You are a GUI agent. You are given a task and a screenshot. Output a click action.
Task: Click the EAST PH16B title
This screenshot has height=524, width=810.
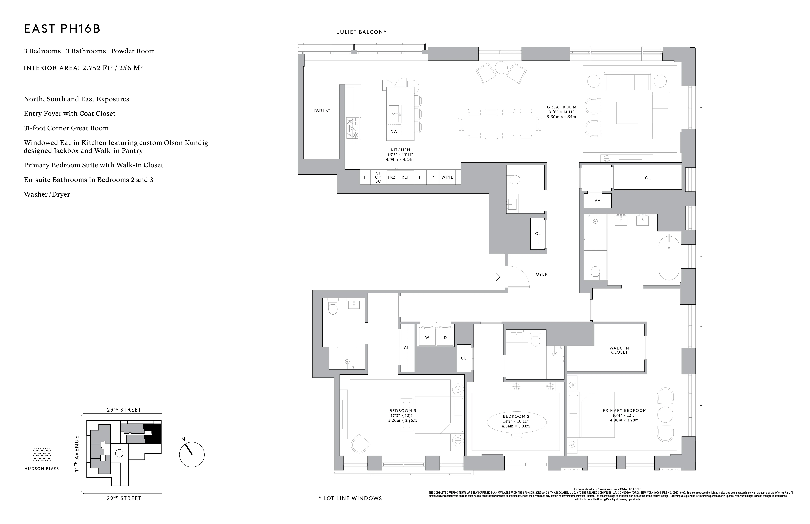click(x=62, y=29)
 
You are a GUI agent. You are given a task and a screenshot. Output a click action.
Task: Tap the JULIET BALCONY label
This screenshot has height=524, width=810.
click(x=362, y=32)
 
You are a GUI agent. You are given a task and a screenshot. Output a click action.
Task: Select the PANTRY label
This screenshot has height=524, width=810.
click(x=322, y=110)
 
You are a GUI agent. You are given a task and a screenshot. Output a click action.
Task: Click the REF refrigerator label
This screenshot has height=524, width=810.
click(x=405, y=177)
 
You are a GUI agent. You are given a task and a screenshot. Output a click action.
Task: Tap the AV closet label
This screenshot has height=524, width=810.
click(x=597, y=201)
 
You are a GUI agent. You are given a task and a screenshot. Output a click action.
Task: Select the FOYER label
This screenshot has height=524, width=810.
click(x=540, y=274)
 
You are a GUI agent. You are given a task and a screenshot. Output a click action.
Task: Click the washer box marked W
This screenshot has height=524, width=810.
click(x=427, y=338)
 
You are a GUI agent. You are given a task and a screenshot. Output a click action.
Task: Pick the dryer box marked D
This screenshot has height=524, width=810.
click(x=445, y=338)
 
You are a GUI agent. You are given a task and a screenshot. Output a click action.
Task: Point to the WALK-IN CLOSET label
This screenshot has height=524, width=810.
click(x=619, y=350)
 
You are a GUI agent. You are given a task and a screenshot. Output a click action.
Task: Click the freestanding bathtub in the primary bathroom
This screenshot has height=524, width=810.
click(x=669, y=258)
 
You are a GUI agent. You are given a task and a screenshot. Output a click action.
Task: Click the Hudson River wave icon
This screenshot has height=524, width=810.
click(x=42, y=454)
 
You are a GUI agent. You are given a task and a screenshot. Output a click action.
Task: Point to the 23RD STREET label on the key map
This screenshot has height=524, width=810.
click(x=124, y=410)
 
